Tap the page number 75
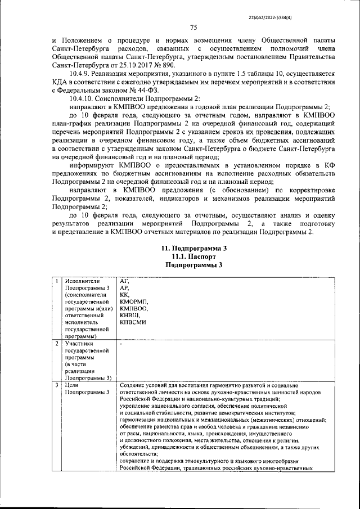[x=192, y=28]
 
